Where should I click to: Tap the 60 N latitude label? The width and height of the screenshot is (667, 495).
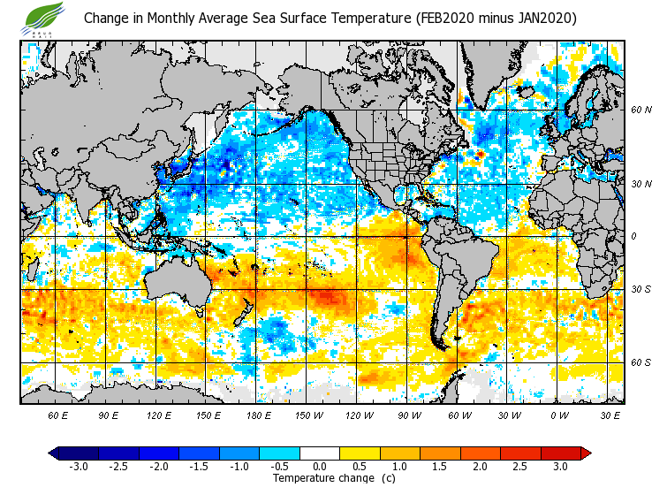[x=640, y=110]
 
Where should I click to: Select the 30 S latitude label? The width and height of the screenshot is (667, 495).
[x=640, y=290]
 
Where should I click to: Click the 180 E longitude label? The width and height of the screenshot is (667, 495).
[x=257, y=415]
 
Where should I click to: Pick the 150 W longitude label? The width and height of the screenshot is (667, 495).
[x=307, y=415]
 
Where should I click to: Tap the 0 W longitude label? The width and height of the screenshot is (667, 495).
[x=559, y=415]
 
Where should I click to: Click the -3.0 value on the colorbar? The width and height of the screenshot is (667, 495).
[x=78, y=467]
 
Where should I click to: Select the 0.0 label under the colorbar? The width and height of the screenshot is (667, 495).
[x=321, y=467]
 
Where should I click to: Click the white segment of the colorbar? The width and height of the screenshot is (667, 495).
[x=321, y=453]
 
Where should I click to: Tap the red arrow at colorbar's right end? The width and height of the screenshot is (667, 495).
[x=586, y=453]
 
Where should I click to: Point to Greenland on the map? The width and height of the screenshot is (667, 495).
[x=495, y=71]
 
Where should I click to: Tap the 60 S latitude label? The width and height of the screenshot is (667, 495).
[x=640, y=362]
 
